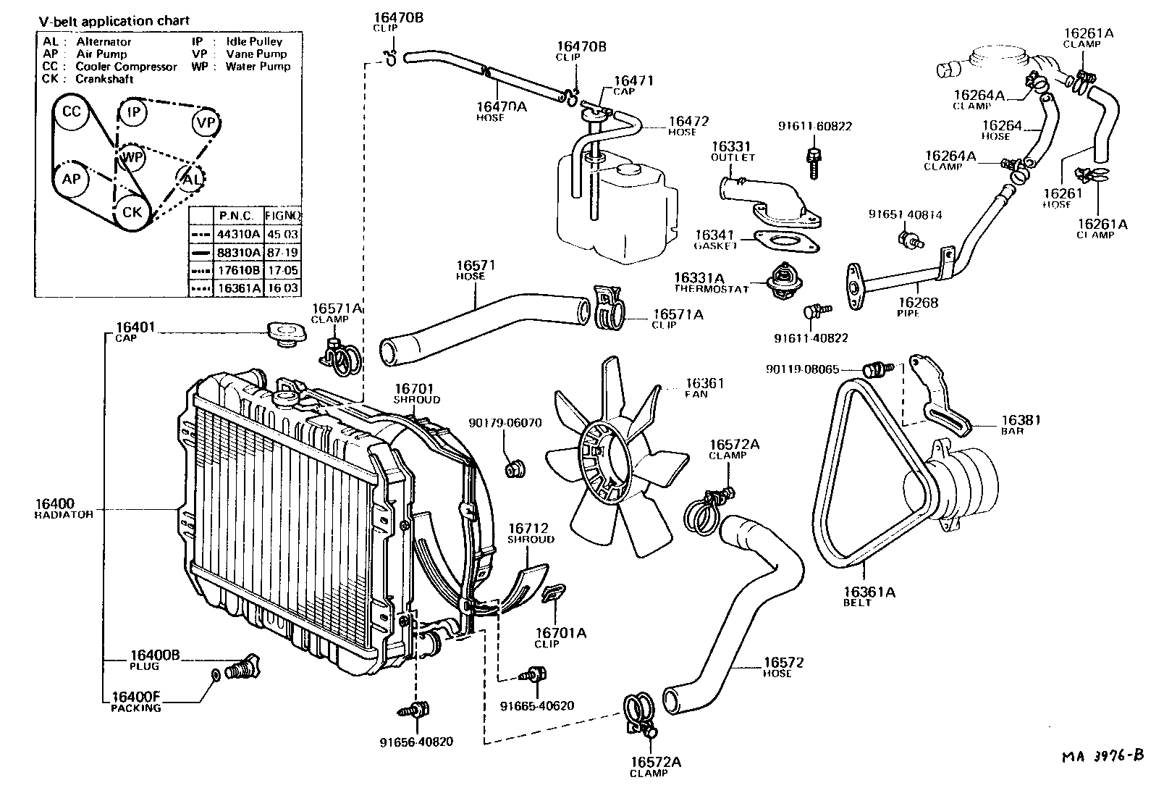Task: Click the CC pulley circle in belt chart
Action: tap(71, 112)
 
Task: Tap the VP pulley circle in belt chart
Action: tap(206, 123)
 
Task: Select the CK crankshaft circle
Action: tap(132, 212)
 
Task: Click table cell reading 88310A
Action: tap(238, 253)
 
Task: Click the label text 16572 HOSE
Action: tap(783, 666)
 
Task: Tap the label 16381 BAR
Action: tap(1021, 424)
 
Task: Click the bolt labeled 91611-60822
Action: tap(814, 160)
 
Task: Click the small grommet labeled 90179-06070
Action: tap(514, 469)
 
